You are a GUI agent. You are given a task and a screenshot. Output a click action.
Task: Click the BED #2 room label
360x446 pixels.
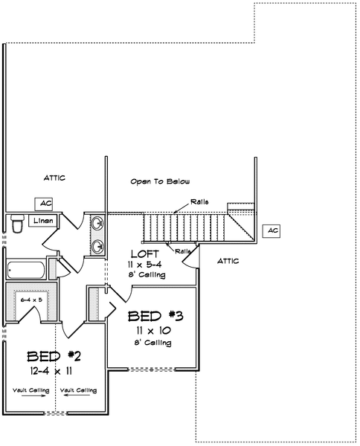[54, 356]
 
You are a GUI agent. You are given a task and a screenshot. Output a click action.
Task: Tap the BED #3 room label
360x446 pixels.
[155, 316]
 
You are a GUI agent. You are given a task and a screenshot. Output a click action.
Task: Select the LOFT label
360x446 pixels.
[145, 253]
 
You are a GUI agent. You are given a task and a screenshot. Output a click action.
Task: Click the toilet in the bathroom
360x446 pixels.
[17, 224]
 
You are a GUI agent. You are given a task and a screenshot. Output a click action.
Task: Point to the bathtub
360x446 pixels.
[26, 270]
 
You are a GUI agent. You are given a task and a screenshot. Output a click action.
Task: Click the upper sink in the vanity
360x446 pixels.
[98, 223]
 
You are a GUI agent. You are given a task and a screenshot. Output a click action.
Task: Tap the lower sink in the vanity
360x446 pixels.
[98, 246]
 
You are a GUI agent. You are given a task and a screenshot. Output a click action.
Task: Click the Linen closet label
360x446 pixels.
[43, 221]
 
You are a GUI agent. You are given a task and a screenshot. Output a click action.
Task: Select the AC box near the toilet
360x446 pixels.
[44, 204]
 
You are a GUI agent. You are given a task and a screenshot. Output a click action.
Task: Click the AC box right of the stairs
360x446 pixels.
[271, 230]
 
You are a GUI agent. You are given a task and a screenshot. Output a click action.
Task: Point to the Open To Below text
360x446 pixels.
[160, 181]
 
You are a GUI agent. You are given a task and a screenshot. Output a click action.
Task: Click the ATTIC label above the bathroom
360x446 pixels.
[54, 178]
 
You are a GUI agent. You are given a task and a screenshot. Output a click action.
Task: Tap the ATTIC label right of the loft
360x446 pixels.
[228, 261]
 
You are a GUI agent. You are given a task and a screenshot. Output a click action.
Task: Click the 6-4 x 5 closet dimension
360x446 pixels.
[31, 300]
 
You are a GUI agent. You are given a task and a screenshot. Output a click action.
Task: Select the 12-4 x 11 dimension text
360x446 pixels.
[51, 371]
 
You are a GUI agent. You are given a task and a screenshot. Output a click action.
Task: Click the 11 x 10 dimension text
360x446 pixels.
[153, 331]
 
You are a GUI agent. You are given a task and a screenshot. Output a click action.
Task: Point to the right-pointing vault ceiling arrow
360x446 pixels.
[33, 395]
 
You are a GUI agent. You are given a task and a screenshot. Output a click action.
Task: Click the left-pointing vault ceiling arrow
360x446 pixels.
[76, 395]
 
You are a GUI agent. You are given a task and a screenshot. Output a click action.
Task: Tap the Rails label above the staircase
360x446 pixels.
[199, 202]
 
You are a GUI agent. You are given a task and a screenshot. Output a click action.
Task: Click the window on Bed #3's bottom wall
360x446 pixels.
[152, 369]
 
